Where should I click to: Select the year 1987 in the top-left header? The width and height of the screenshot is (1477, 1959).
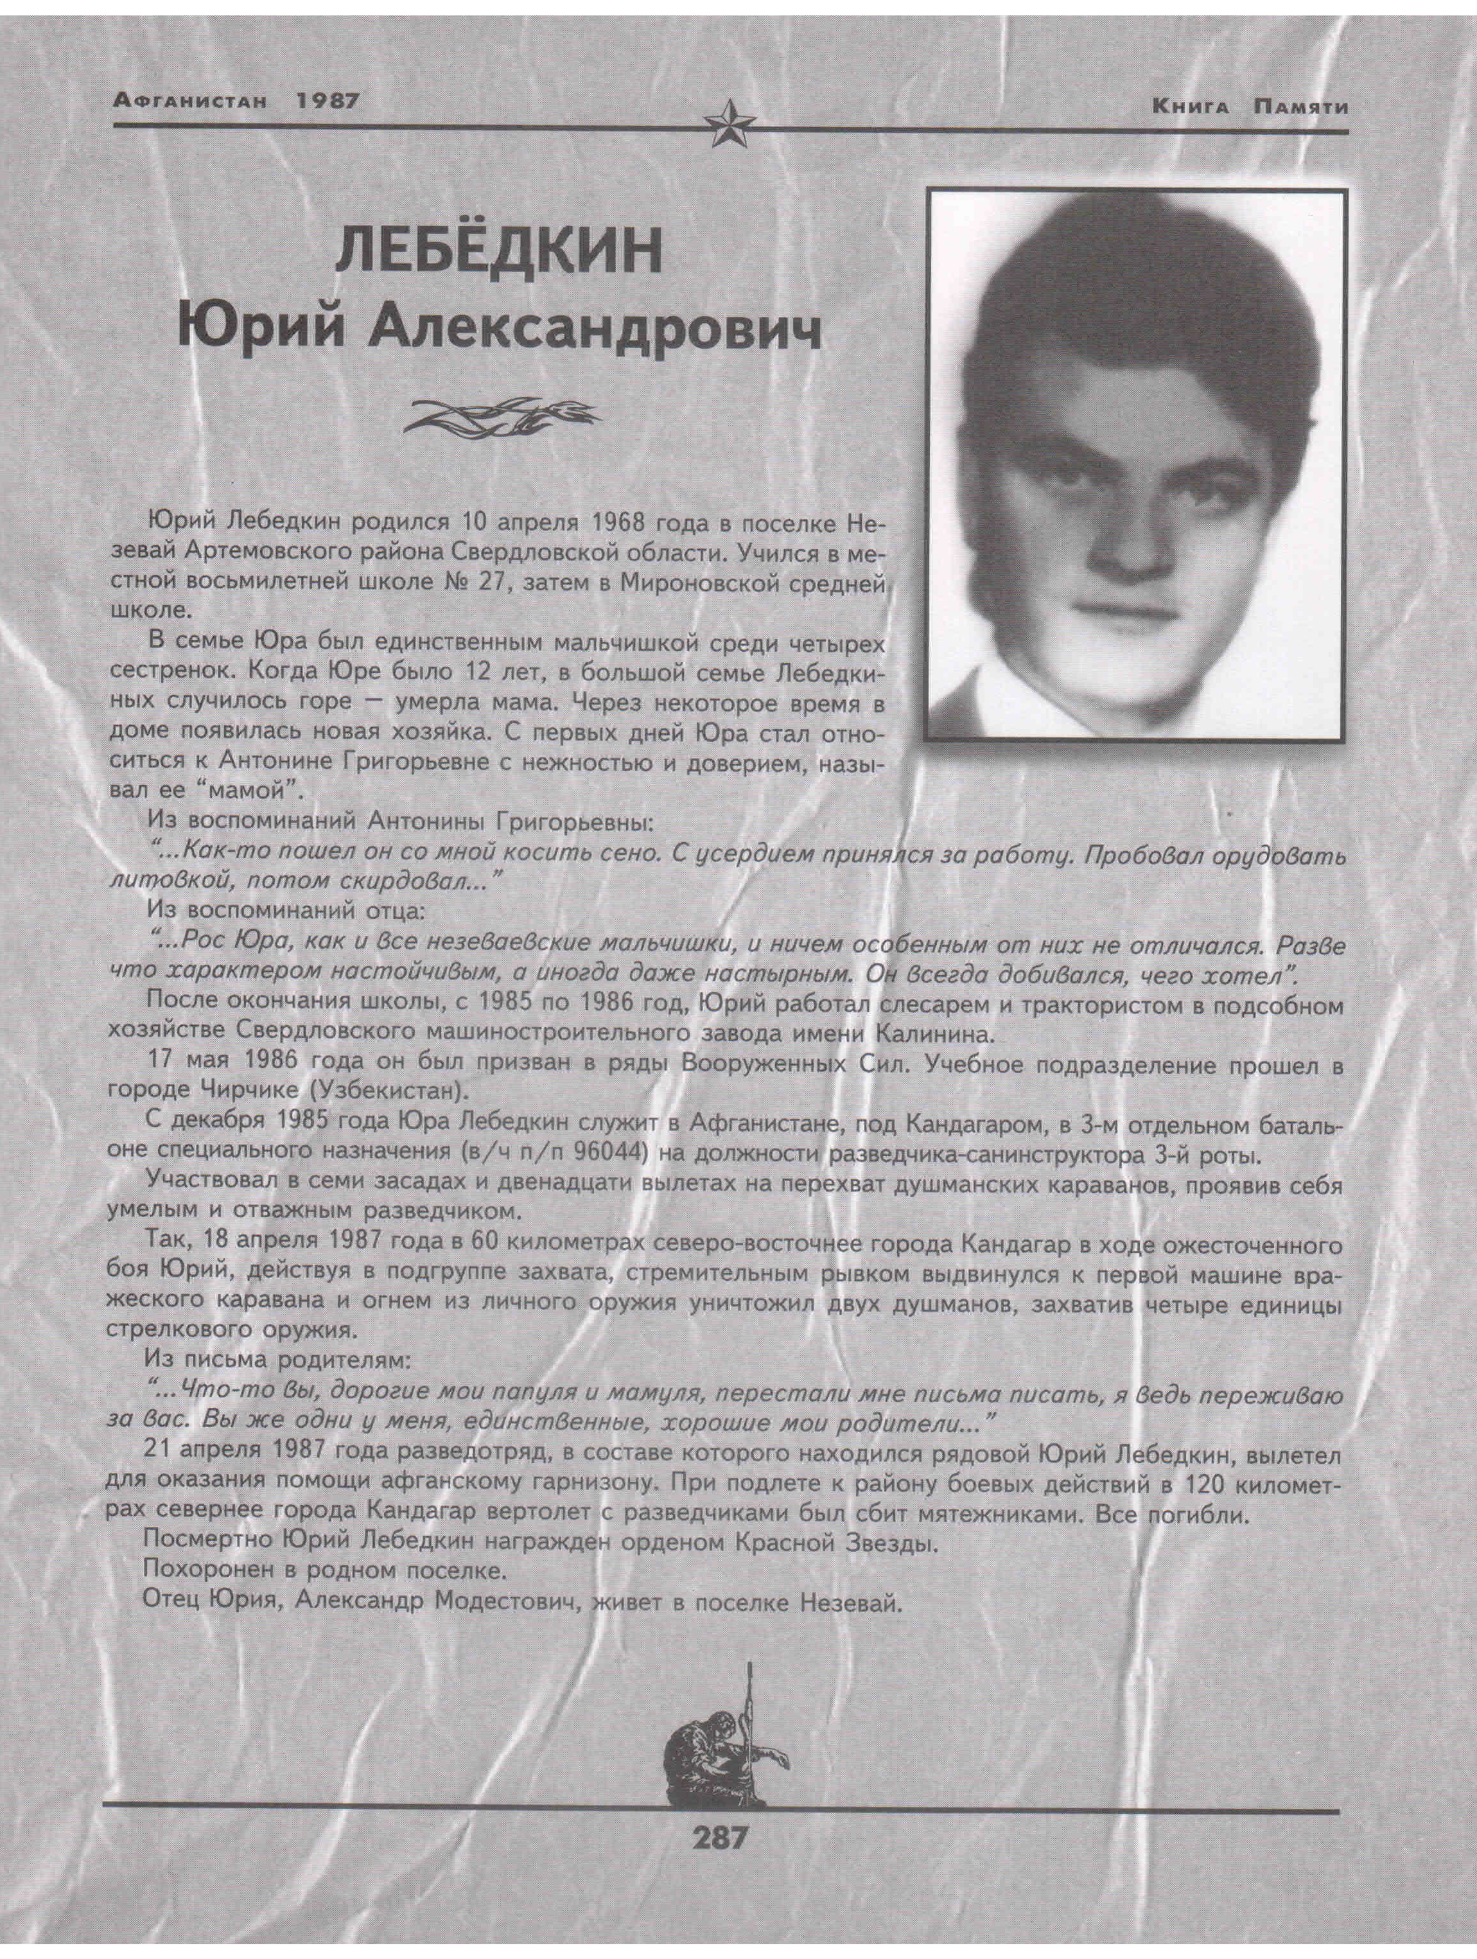pos(327,101)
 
